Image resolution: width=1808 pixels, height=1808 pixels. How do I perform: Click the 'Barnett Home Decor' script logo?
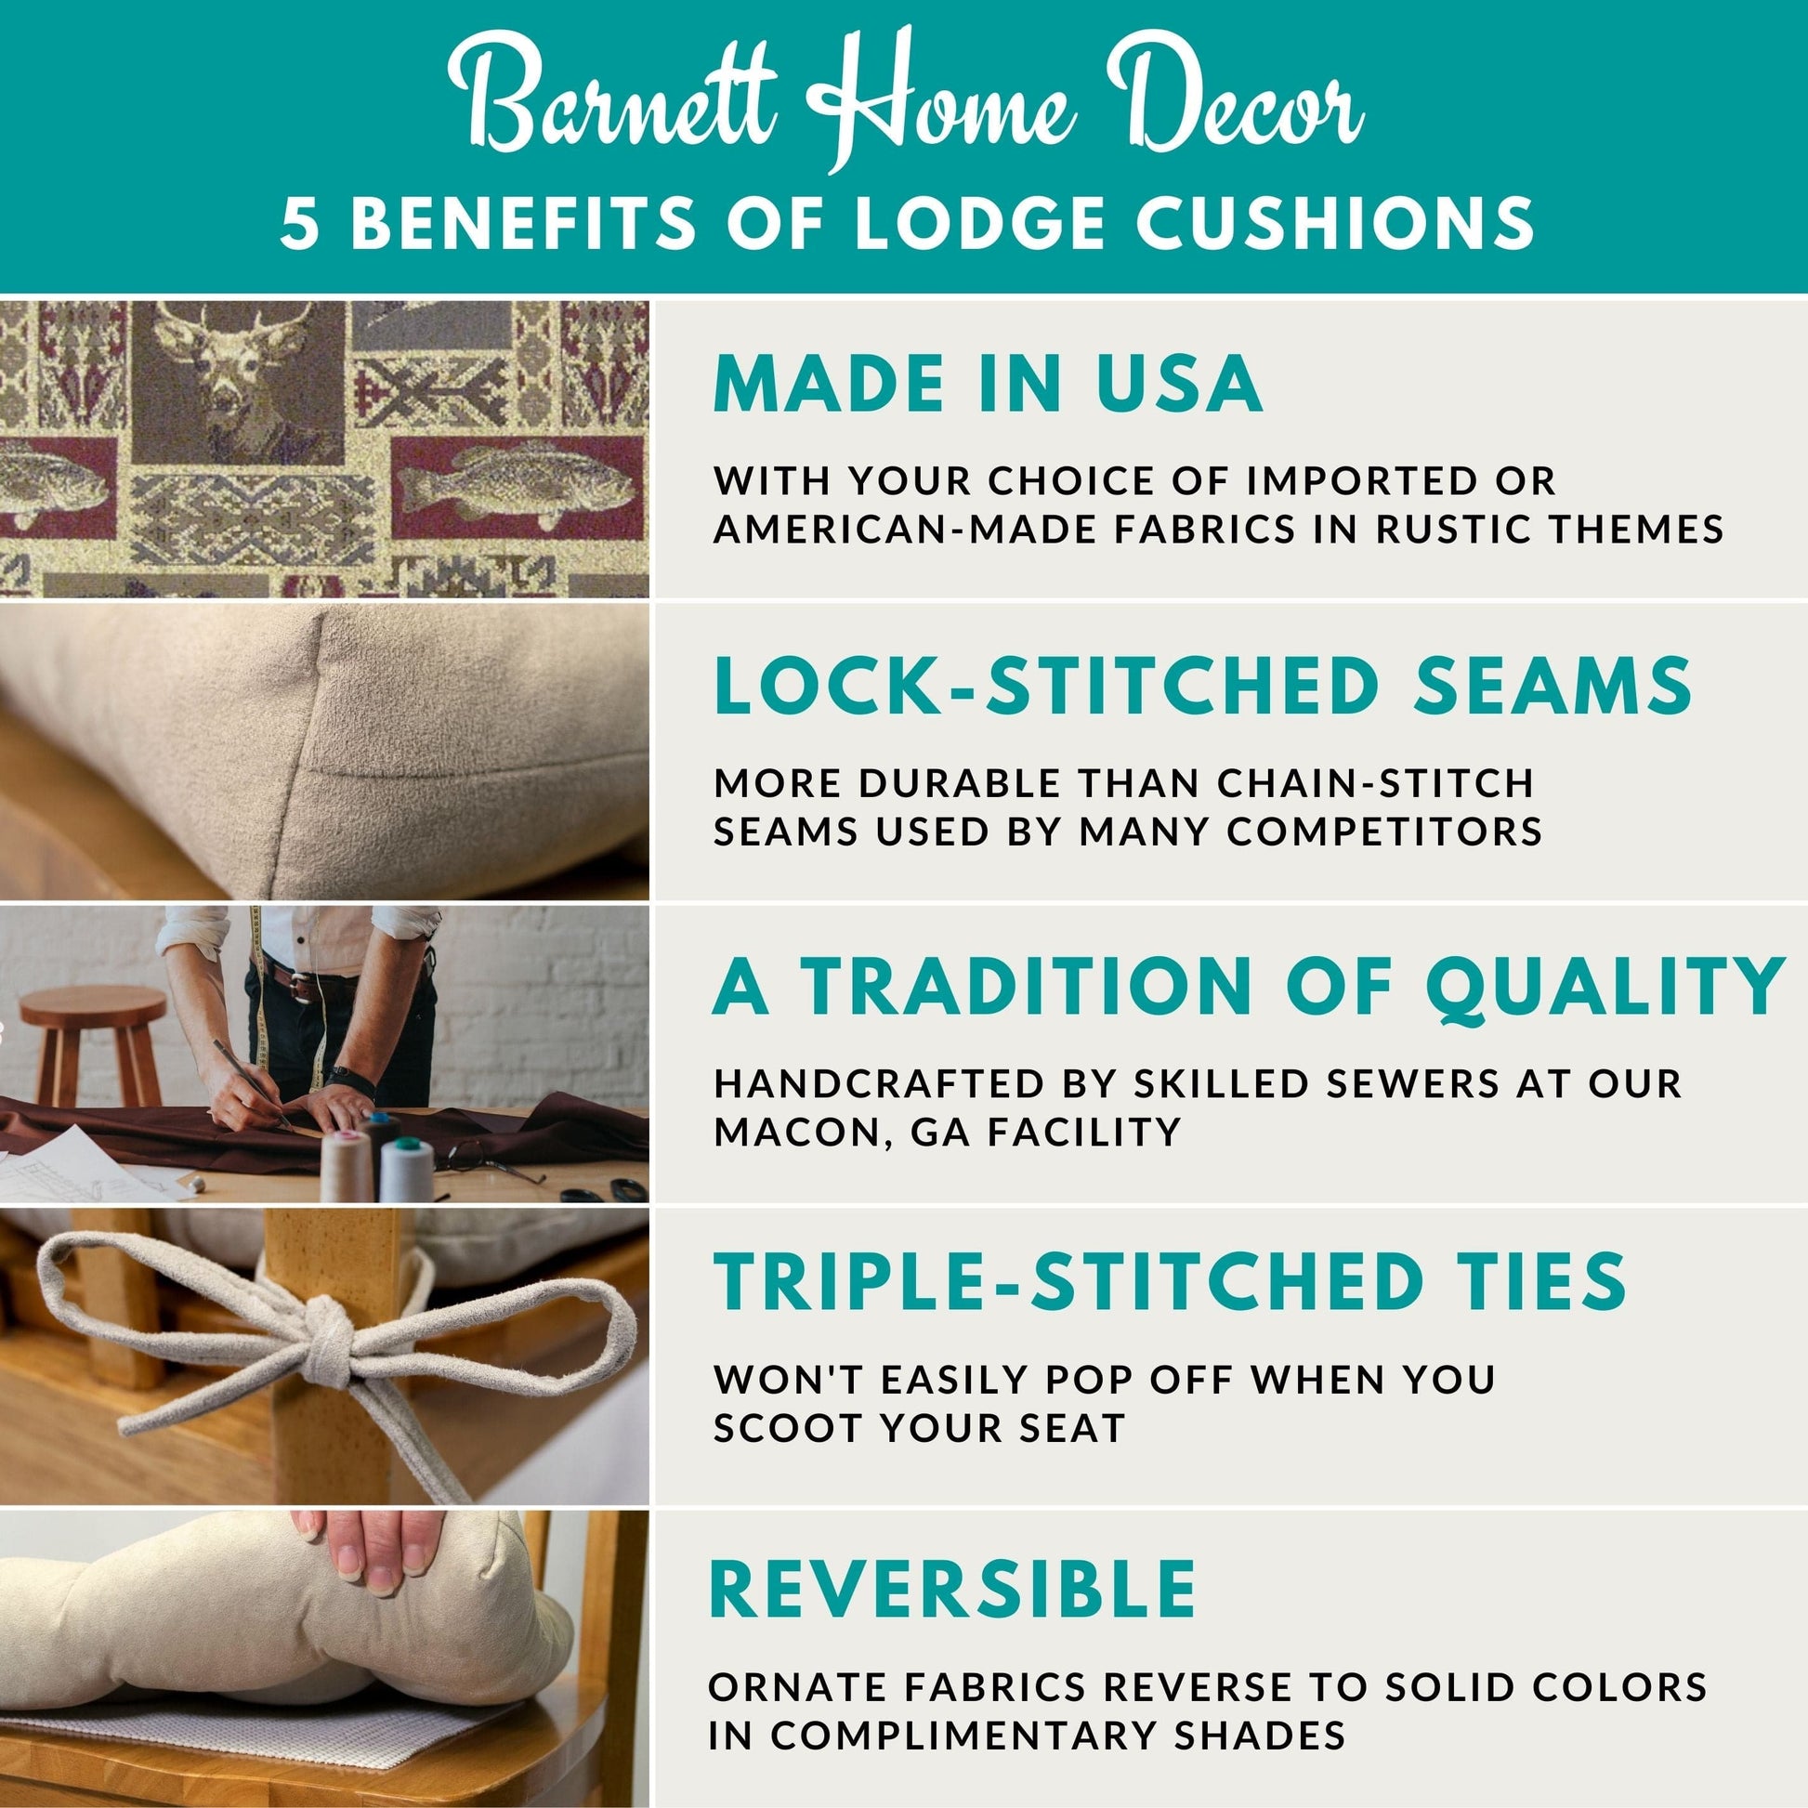[x=904, y=101]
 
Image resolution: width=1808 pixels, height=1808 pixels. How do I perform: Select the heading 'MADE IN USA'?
[x=989, y=383]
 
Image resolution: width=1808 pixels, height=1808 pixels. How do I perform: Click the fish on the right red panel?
[x=516, y=485]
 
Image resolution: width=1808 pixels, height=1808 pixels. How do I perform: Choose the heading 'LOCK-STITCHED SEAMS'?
[x=1203, y=685]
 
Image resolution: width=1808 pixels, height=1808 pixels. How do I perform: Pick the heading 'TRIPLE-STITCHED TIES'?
[x=1170, y=1281]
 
